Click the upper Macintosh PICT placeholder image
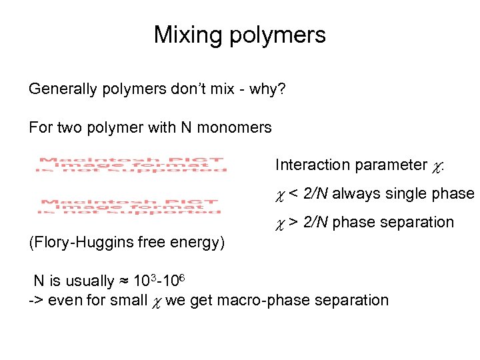(x=133, y=165)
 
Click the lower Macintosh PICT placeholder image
(x=130, y=206)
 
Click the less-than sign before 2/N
(x=292, y=194)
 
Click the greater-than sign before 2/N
(x=292, y=223)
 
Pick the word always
(x=355, y=194)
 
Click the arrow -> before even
(x=35, y=301)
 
